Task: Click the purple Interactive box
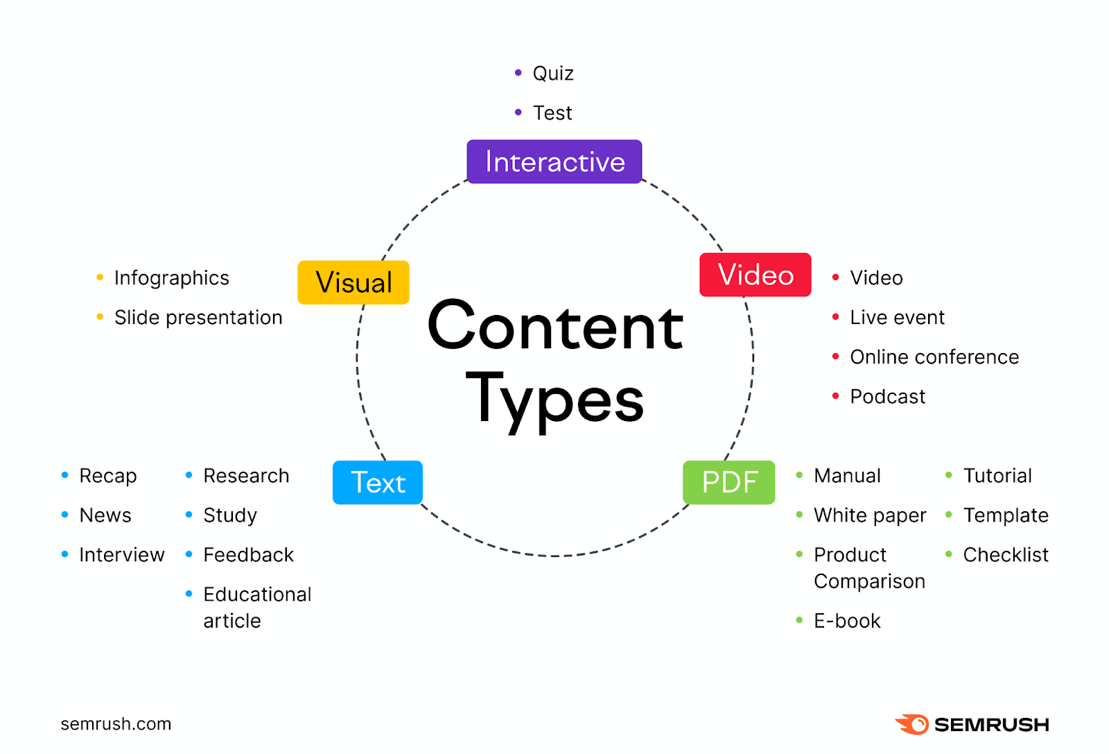(x=554, y=162)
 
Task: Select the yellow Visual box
(x=353, y=282)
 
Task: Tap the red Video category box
(x=755, y=275)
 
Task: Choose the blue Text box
(x=378, y=483)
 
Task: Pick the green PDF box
(x=728, y=483)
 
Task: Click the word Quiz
(x=553, y=74)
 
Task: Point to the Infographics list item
(x=172, y=278)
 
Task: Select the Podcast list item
(x=888, y=397)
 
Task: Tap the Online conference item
(x=935, y=357)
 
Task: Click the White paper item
(x=870, y=515)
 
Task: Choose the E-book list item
(x=847, y=622)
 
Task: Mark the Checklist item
(x=1006, y=555)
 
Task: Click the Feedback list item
(x=249, y=555)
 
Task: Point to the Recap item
(x=108, y=476)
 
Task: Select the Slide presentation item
(x=198, y=318)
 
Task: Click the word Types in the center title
(x=554, y=401)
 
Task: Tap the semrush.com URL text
(x=116, y=723)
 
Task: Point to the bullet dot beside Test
(x=518, y=112)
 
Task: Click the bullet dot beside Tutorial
(x=949, y=475)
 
